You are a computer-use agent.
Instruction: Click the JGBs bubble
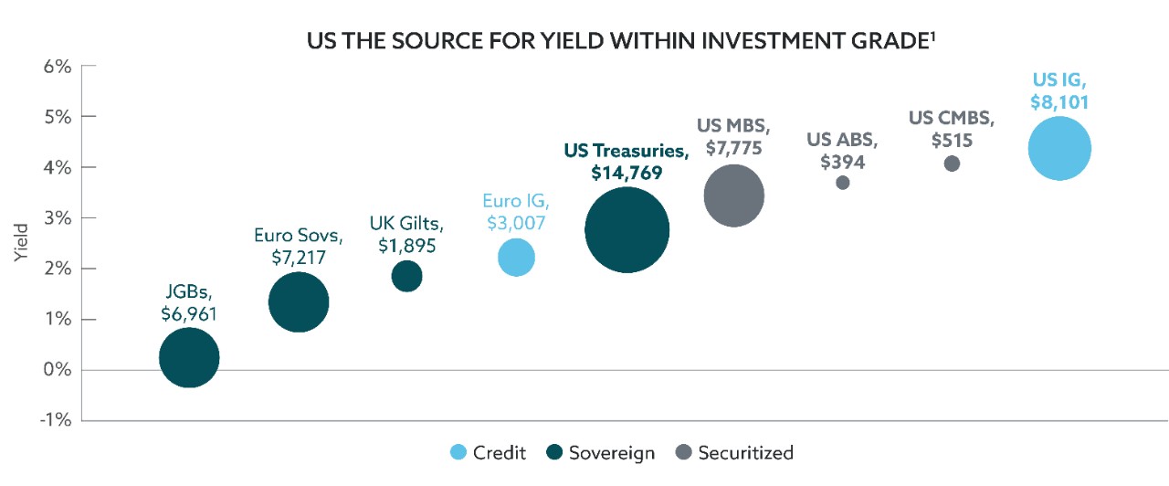[x=189, y=357]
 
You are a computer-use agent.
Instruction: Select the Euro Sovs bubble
[x=299, y=302]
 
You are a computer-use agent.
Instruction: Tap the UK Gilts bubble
[x=406, y=275]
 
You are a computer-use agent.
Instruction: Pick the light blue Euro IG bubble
[x=516, y=257]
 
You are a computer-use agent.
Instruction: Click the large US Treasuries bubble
[x=627, y=230]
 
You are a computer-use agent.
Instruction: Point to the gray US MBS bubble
[x=733, y=195]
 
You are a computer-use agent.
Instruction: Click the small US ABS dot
[x=842, y=183]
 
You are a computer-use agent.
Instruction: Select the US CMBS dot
[x=952, y=164]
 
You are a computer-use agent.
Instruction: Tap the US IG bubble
[x=1059, y=149]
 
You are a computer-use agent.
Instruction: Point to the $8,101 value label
[x=1059, y=102]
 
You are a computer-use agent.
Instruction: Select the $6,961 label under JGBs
[x=189, y=313]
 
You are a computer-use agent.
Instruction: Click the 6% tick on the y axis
[x=57, y=66]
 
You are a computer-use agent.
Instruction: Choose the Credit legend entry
[x=489, y=452]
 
